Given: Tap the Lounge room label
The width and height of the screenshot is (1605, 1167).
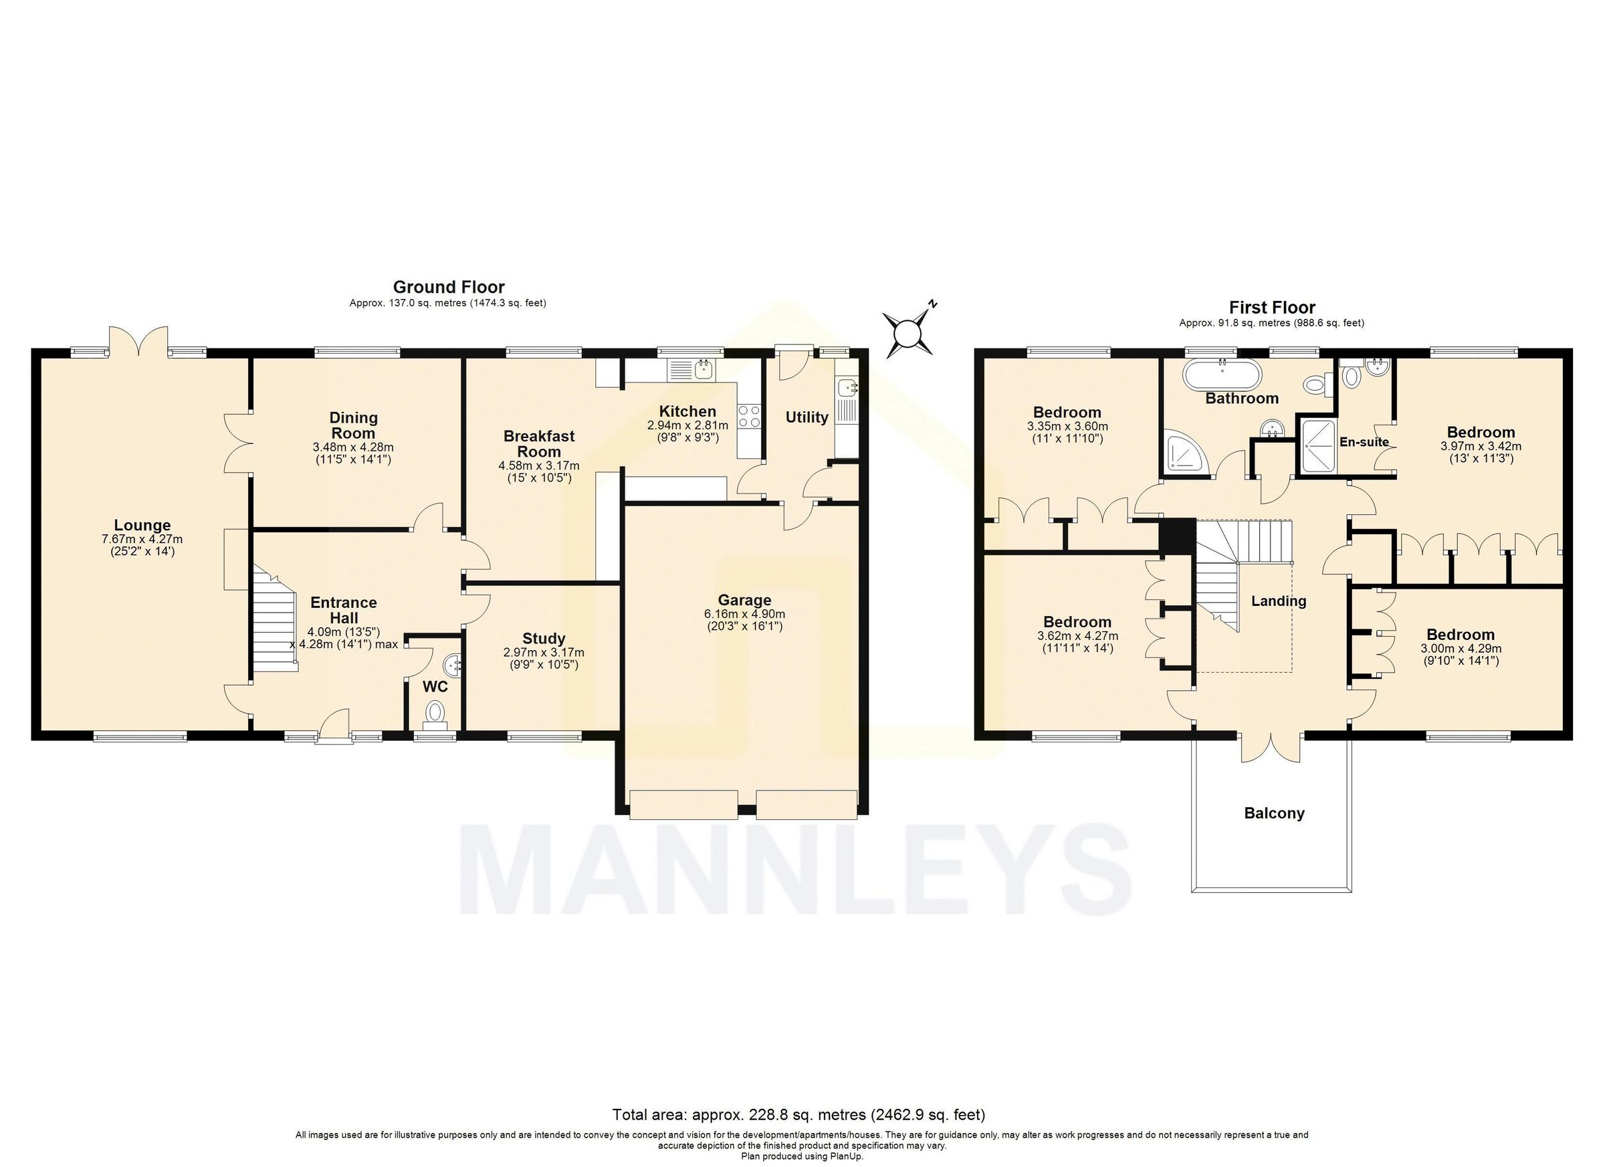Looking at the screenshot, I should point(142,525).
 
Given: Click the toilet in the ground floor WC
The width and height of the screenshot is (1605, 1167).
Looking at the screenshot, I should point(435,712).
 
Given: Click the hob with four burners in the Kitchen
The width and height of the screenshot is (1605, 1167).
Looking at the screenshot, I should point(749,415).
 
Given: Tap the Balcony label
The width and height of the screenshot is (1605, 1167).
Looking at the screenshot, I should point(1274,813).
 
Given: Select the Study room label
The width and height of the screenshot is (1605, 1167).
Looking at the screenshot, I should point(544,639).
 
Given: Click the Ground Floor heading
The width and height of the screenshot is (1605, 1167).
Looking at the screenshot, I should point(449,287).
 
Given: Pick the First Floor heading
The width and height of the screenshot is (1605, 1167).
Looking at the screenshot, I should point(1272,307).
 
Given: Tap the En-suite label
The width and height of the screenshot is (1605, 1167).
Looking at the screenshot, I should point(1364,442).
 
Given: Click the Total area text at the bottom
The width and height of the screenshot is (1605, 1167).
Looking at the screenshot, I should point(798,1116).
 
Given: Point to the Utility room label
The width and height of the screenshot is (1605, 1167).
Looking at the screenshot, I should point(806,417).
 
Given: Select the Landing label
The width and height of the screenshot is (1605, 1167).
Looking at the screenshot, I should point(1278,601).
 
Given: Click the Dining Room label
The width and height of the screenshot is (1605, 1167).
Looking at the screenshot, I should point(353,425).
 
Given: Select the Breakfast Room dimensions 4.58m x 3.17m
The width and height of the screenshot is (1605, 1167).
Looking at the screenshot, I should point(538,465).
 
